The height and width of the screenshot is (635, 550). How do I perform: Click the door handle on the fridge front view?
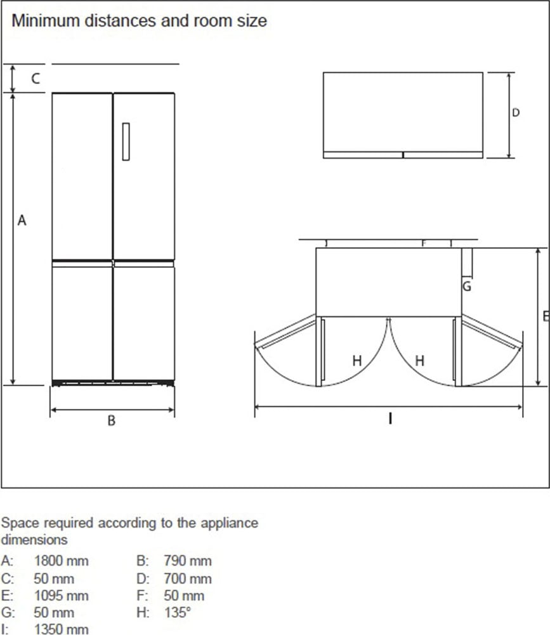point(126,142)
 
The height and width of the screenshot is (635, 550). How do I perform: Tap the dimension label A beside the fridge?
point(22,220)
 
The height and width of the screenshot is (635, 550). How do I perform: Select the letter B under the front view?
point(112,420)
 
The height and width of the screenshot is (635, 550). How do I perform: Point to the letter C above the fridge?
point(36,79)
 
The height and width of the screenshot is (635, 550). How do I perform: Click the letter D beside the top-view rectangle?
point(516,113)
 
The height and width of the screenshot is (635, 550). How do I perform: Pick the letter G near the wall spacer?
point(467,286)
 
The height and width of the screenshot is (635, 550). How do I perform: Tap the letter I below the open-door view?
point(390,418)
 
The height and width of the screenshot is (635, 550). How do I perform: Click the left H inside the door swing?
point(357,361)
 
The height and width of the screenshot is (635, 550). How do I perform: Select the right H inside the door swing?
point(419,361)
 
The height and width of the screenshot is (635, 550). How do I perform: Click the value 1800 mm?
point(61,561)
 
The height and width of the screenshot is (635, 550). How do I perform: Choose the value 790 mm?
point(188,561)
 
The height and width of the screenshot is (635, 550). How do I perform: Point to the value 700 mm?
point(188,579)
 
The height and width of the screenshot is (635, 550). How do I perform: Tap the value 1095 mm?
point(61,596)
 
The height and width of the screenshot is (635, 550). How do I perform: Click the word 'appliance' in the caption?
point(229,524)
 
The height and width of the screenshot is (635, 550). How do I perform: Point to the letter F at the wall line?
point(424,243)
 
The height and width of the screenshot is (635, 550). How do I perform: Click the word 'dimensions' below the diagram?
point(34,540)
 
